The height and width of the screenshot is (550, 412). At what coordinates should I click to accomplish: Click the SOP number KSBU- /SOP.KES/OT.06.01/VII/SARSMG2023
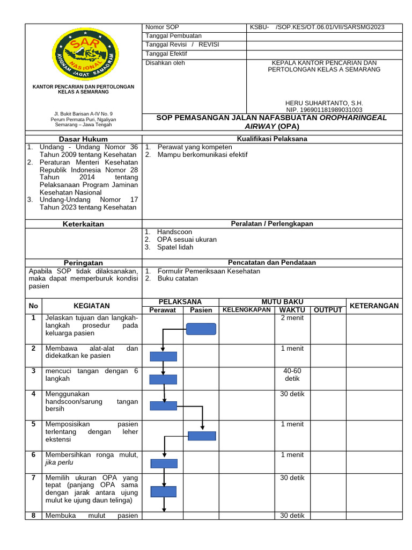317,27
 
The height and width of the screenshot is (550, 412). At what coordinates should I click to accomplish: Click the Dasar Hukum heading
83,139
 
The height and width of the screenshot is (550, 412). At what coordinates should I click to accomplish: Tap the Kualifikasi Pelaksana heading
272,139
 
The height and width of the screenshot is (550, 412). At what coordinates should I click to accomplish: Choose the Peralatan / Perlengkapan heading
272,223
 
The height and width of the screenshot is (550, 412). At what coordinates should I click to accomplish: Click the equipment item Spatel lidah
175,247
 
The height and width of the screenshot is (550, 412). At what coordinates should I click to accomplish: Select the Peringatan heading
83,263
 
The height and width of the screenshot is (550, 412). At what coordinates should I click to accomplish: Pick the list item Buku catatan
178,278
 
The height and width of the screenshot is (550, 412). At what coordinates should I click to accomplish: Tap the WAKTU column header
292,310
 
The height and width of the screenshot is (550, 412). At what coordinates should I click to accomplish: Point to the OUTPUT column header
328,310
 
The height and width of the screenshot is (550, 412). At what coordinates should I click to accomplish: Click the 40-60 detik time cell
292,375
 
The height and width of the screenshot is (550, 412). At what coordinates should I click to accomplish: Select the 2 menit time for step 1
292,317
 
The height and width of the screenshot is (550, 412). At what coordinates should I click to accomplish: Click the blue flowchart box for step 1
201,329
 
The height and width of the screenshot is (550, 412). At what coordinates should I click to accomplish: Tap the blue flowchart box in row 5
202,436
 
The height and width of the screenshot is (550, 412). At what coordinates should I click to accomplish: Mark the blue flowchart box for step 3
163,379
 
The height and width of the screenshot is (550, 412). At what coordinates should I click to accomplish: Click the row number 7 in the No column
33,477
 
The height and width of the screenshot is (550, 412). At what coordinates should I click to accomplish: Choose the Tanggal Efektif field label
165,54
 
